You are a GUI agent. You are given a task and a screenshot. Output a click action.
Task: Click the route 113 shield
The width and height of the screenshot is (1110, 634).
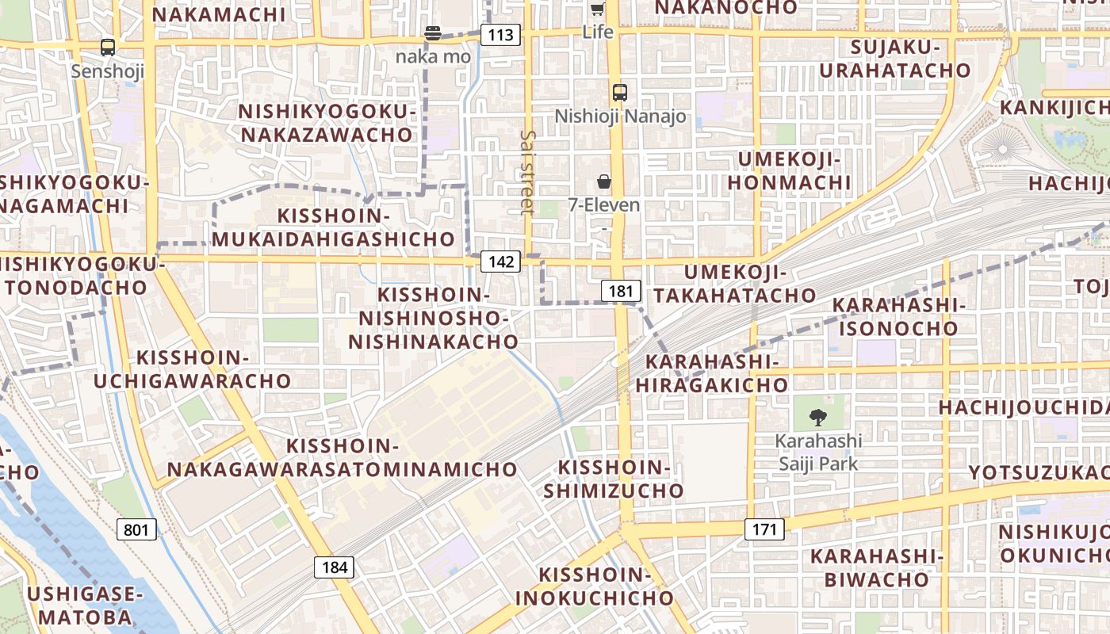500,35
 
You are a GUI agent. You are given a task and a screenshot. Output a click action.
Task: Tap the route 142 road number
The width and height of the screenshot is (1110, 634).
500,262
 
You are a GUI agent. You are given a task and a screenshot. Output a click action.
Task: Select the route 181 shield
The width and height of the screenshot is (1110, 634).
621,291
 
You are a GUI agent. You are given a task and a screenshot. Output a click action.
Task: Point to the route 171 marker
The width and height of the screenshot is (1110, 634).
764,529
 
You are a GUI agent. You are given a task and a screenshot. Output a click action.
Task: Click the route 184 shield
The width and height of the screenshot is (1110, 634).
335,567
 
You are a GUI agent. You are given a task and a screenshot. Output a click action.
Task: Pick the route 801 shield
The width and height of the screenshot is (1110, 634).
136,529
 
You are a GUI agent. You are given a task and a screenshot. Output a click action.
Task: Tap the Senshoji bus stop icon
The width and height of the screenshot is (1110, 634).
108,48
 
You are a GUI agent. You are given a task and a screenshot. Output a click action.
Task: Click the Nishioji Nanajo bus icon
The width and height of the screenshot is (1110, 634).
620,92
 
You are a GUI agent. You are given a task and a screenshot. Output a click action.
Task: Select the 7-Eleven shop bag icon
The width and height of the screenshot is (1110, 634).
604,181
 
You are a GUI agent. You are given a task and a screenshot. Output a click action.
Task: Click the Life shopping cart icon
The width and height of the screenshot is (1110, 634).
598,10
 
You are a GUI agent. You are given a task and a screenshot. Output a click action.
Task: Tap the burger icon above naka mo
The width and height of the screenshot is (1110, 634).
433,33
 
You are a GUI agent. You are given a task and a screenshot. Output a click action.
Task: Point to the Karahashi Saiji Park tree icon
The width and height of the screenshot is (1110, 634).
817,417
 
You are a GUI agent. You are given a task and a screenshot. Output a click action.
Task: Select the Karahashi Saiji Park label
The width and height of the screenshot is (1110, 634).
818,452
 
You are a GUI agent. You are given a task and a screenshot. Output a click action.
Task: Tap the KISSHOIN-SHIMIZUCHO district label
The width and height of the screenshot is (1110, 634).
614,479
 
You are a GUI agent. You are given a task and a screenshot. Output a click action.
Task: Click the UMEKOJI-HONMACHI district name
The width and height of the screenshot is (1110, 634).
789,171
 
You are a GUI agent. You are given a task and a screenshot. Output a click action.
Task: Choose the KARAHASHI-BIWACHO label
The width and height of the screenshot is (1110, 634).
876,567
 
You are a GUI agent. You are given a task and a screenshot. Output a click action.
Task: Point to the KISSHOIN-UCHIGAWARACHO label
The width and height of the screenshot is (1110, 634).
193,369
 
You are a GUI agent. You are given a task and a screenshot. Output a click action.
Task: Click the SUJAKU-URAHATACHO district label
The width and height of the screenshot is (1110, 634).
895,59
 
